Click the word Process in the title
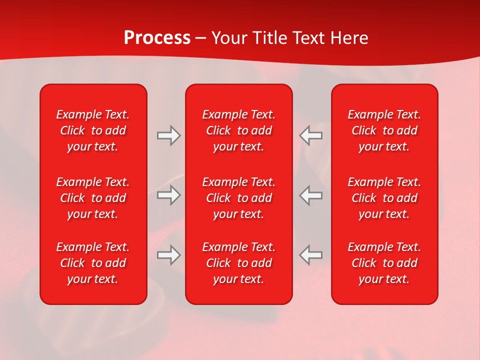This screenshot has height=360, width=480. point(157,38)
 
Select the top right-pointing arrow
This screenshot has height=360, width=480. point(168,135)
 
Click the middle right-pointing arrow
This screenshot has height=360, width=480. point(168,195)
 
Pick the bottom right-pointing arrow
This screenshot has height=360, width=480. point(168,255)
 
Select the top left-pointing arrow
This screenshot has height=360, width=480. point(311,135)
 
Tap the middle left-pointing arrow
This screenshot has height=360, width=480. point(311,195)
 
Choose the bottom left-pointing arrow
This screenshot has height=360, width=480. point(311,255)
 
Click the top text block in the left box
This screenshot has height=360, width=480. point(93,130)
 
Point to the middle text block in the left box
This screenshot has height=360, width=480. point(93,198)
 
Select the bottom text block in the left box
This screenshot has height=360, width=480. point(93,263)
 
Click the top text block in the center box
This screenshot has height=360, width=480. point(239,130)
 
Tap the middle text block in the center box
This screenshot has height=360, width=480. point(239,198)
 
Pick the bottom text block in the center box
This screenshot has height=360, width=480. point(239,263)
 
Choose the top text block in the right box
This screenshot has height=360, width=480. point(384,130)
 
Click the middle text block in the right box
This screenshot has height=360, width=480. point(384,198)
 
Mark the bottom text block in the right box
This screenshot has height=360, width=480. point(384,263)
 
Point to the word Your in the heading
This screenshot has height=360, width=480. point(229,38)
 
